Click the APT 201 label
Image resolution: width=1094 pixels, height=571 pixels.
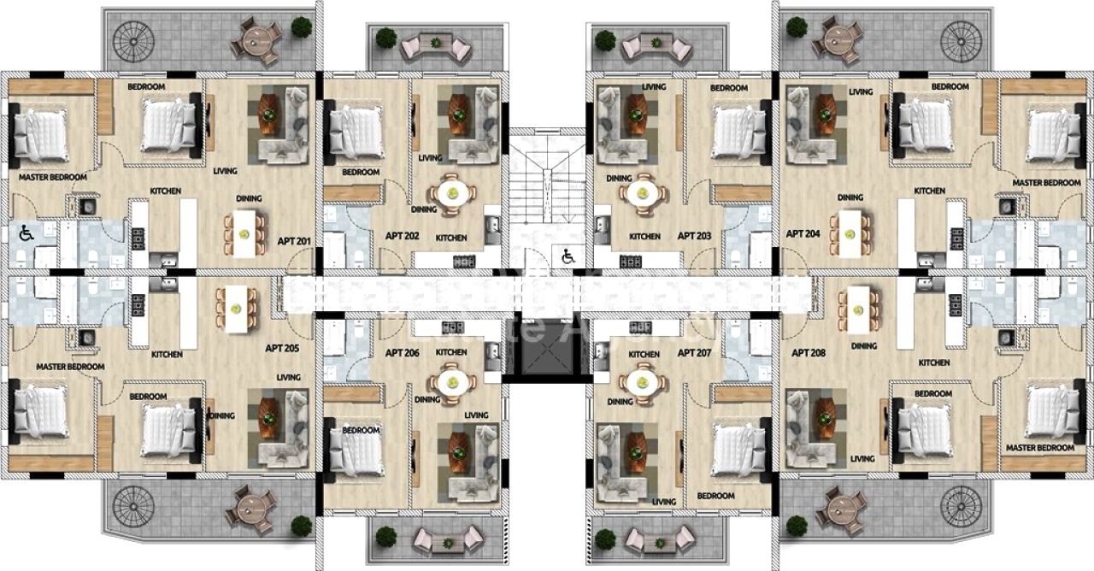point(293,241)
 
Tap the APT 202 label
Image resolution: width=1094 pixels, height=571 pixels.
point(401,235)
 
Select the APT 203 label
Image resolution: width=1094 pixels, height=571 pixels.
point(694,235)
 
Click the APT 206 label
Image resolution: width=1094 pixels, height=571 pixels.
point(402,352)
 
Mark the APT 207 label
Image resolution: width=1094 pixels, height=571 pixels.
point(694,352)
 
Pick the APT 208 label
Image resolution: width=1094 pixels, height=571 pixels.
point(809,352)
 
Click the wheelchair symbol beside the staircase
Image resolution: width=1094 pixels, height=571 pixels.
point(568,254)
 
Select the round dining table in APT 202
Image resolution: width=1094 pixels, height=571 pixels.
point(450,192)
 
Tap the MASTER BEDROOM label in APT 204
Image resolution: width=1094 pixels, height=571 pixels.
point(1046,183)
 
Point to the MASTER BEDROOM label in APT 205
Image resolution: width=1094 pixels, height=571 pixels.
point(70,367)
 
